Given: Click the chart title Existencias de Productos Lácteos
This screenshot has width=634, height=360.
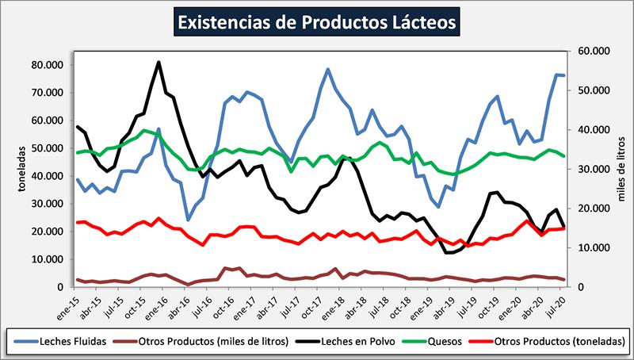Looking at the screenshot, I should point(316,21).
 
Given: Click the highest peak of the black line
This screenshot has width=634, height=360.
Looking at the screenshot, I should point(159,62).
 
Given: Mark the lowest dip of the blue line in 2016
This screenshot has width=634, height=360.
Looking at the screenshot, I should point(188,220).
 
